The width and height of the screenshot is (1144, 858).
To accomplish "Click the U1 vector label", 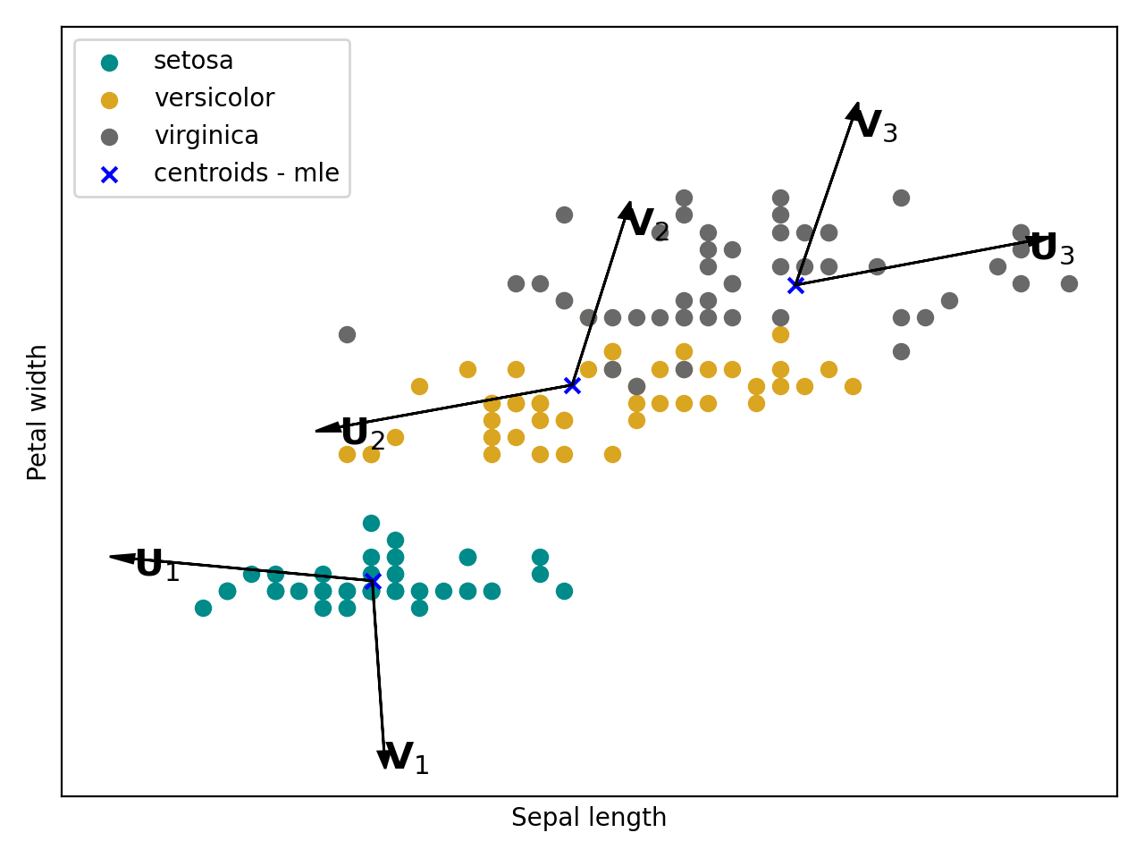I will [x=157, y=566].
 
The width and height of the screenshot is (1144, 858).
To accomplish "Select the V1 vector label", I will [x=406, y=759].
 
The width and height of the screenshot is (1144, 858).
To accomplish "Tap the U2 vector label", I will [x=363, y=434].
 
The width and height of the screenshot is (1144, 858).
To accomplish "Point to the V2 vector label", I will [x=647, y=224].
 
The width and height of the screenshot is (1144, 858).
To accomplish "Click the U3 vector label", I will [x=1052, y=249].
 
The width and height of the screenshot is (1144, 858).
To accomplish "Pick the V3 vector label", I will [x=875, y=127].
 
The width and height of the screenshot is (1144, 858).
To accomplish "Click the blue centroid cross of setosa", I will [x=373, y=582].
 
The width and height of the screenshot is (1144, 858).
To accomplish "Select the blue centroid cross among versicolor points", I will [x=572, y=385].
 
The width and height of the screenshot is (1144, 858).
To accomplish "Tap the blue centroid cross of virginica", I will [x=795, y=285].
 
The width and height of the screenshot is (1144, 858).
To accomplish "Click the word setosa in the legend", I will [x=193, y=61].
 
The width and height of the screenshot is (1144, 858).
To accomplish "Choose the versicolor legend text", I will [x=214, y=98].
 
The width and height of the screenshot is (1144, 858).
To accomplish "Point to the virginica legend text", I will [x=206, y=136].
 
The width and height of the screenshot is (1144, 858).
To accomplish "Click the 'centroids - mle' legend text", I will [x=246, y=173].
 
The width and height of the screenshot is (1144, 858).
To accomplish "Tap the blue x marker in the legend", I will [x=109, y=174].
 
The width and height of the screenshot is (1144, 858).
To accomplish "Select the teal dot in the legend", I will [x=109, y=63].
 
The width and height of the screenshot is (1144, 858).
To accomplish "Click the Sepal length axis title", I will [x=588, y=818].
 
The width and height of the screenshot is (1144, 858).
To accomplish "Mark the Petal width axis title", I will [x=38, y=412].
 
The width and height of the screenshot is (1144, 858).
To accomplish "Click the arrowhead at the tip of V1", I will [x=385, y=760].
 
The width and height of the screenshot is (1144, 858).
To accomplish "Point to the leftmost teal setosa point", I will [x=203, y=608].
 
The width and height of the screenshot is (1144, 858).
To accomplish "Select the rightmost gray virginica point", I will [x=1069, y=283].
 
